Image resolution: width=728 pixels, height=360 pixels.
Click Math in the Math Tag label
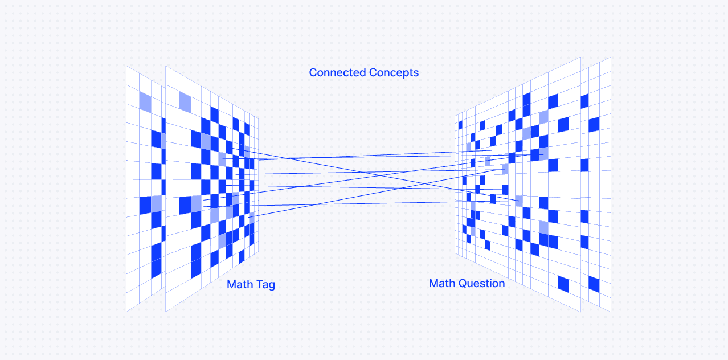(x=240, y=285)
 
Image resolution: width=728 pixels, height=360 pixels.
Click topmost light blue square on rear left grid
(x=145, y=101)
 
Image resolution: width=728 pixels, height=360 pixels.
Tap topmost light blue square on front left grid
(x=185, y=101)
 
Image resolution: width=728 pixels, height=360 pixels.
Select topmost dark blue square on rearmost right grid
(x=584, y=101)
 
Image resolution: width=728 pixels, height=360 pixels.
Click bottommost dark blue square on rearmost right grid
(x=594, y=284)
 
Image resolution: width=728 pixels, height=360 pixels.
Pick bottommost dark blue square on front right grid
(x=563, y=284)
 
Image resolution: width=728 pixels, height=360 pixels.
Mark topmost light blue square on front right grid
(x=543, y=117)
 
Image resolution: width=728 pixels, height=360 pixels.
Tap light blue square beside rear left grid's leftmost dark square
(x=156, y=204)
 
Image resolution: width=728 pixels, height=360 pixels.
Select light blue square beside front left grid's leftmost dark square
(x=196, y=203)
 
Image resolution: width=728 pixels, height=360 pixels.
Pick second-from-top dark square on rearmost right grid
(x=594, y=124)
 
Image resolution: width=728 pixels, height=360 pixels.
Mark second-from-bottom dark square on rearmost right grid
(x=584, y=242)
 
